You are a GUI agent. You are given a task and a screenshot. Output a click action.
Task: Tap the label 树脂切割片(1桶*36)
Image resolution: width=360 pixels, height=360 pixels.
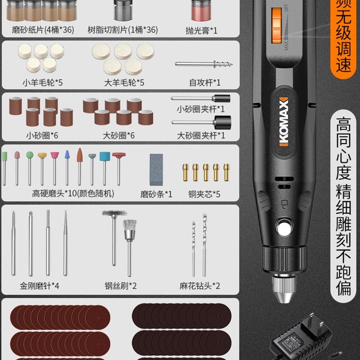point(123,30)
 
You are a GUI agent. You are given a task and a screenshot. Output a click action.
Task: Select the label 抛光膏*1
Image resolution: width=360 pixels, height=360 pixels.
point(201,30)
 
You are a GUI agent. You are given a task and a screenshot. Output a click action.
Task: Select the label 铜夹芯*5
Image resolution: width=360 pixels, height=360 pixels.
point(204,194)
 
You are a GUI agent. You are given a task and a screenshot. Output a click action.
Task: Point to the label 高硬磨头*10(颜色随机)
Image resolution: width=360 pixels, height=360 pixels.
point(73,194)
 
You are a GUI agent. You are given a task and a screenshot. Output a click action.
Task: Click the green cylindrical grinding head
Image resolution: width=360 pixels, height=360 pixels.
point(5,156)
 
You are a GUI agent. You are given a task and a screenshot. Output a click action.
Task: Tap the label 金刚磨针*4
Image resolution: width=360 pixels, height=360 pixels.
point(40,285)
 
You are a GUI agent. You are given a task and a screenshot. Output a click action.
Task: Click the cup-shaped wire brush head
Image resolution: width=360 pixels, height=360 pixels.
point(130,227)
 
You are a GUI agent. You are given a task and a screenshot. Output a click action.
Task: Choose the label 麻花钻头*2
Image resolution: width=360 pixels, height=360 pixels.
point(200,285)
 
